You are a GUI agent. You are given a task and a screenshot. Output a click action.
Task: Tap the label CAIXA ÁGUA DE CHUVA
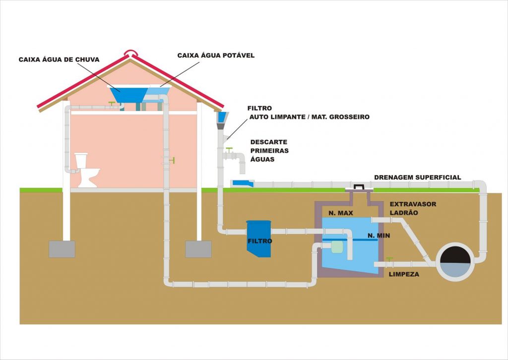click(x=59, y=60)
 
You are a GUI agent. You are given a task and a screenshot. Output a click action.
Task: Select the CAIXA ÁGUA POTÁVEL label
click(x=216, y=56)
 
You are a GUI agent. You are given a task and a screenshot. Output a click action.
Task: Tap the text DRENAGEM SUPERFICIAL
click(x=417, y=178)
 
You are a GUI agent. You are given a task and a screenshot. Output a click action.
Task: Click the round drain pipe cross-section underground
click(x=454, y=262)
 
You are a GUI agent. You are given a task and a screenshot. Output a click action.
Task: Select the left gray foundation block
click(x=62, y=249)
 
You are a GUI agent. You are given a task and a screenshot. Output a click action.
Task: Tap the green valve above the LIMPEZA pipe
click(x=390, y=259)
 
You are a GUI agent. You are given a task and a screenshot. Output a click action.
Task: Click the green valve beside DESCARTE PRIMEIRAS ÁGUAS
click(x=229, y=149)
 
